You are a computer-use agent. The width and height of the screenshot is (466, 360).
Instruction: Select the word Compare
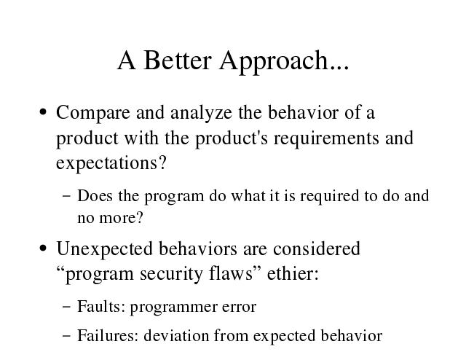coord(93,114)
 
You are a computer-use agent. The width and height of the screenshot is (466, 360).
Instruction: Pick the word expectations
coord(107,164)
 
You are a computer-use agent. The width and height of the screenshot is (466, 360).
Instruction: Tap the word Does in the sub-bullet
coord(95,196)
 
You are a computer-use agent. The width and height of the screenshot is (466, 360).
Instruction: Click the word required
coord(329,197)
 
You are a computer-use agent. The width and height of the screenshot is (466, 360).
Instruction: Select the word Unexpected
coord(104,249)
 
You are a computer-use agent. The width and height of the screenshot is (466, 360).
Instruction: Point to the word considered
coord(317,249)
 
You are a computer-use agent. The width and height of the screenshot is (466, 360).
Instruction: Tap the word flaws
coord(231,273)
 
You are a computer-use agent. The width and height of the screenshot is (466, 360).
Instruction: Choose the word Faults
coord(98,307)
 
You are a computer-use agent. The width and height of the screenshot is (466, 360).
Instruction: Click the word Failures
coord(105,335)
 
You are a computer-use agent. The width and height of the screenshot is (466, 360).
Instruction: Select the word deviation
coord(176,335)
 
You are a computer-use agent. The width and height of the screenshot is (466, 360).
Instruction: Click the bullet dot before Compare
coord(43,112)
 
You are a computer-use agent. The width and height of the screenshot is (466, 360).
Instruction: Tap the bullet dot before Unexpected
coord(43,248)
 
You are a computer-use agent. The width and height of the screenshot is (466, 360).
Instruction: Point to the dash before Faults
coord(67,307)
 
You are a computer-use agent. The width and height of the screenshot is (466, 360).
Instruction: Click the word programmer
coord(173,308)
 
